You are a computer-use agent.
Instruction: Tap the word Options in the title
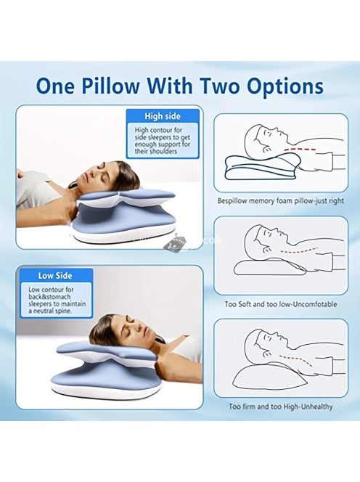pos(285,87)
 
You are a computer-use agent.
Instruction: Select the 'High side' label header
pos(163,116)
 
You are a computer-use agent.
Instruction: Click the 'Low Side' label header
pos(55,275)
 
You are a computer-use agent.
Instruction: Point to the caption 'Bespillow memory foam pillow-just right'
pos(281,201)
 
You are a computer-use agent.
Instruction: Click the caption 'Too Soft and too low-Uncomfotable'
pos(281,304)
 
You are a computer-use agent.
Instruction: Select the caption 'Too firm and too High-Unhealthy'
pos(281,407)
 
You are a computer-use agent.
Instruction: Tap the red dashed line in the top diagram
pos(300,150)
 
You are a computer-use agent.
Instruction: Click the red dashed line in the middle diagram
pos(298,250)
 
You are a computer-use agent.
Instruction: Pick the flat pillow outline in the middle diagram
pos(270,267)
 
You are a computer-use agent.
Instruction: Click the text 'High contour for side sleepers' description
pos(163,141)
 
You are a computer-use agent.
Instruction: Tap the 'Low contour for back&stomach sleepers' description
pos(57,300)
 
